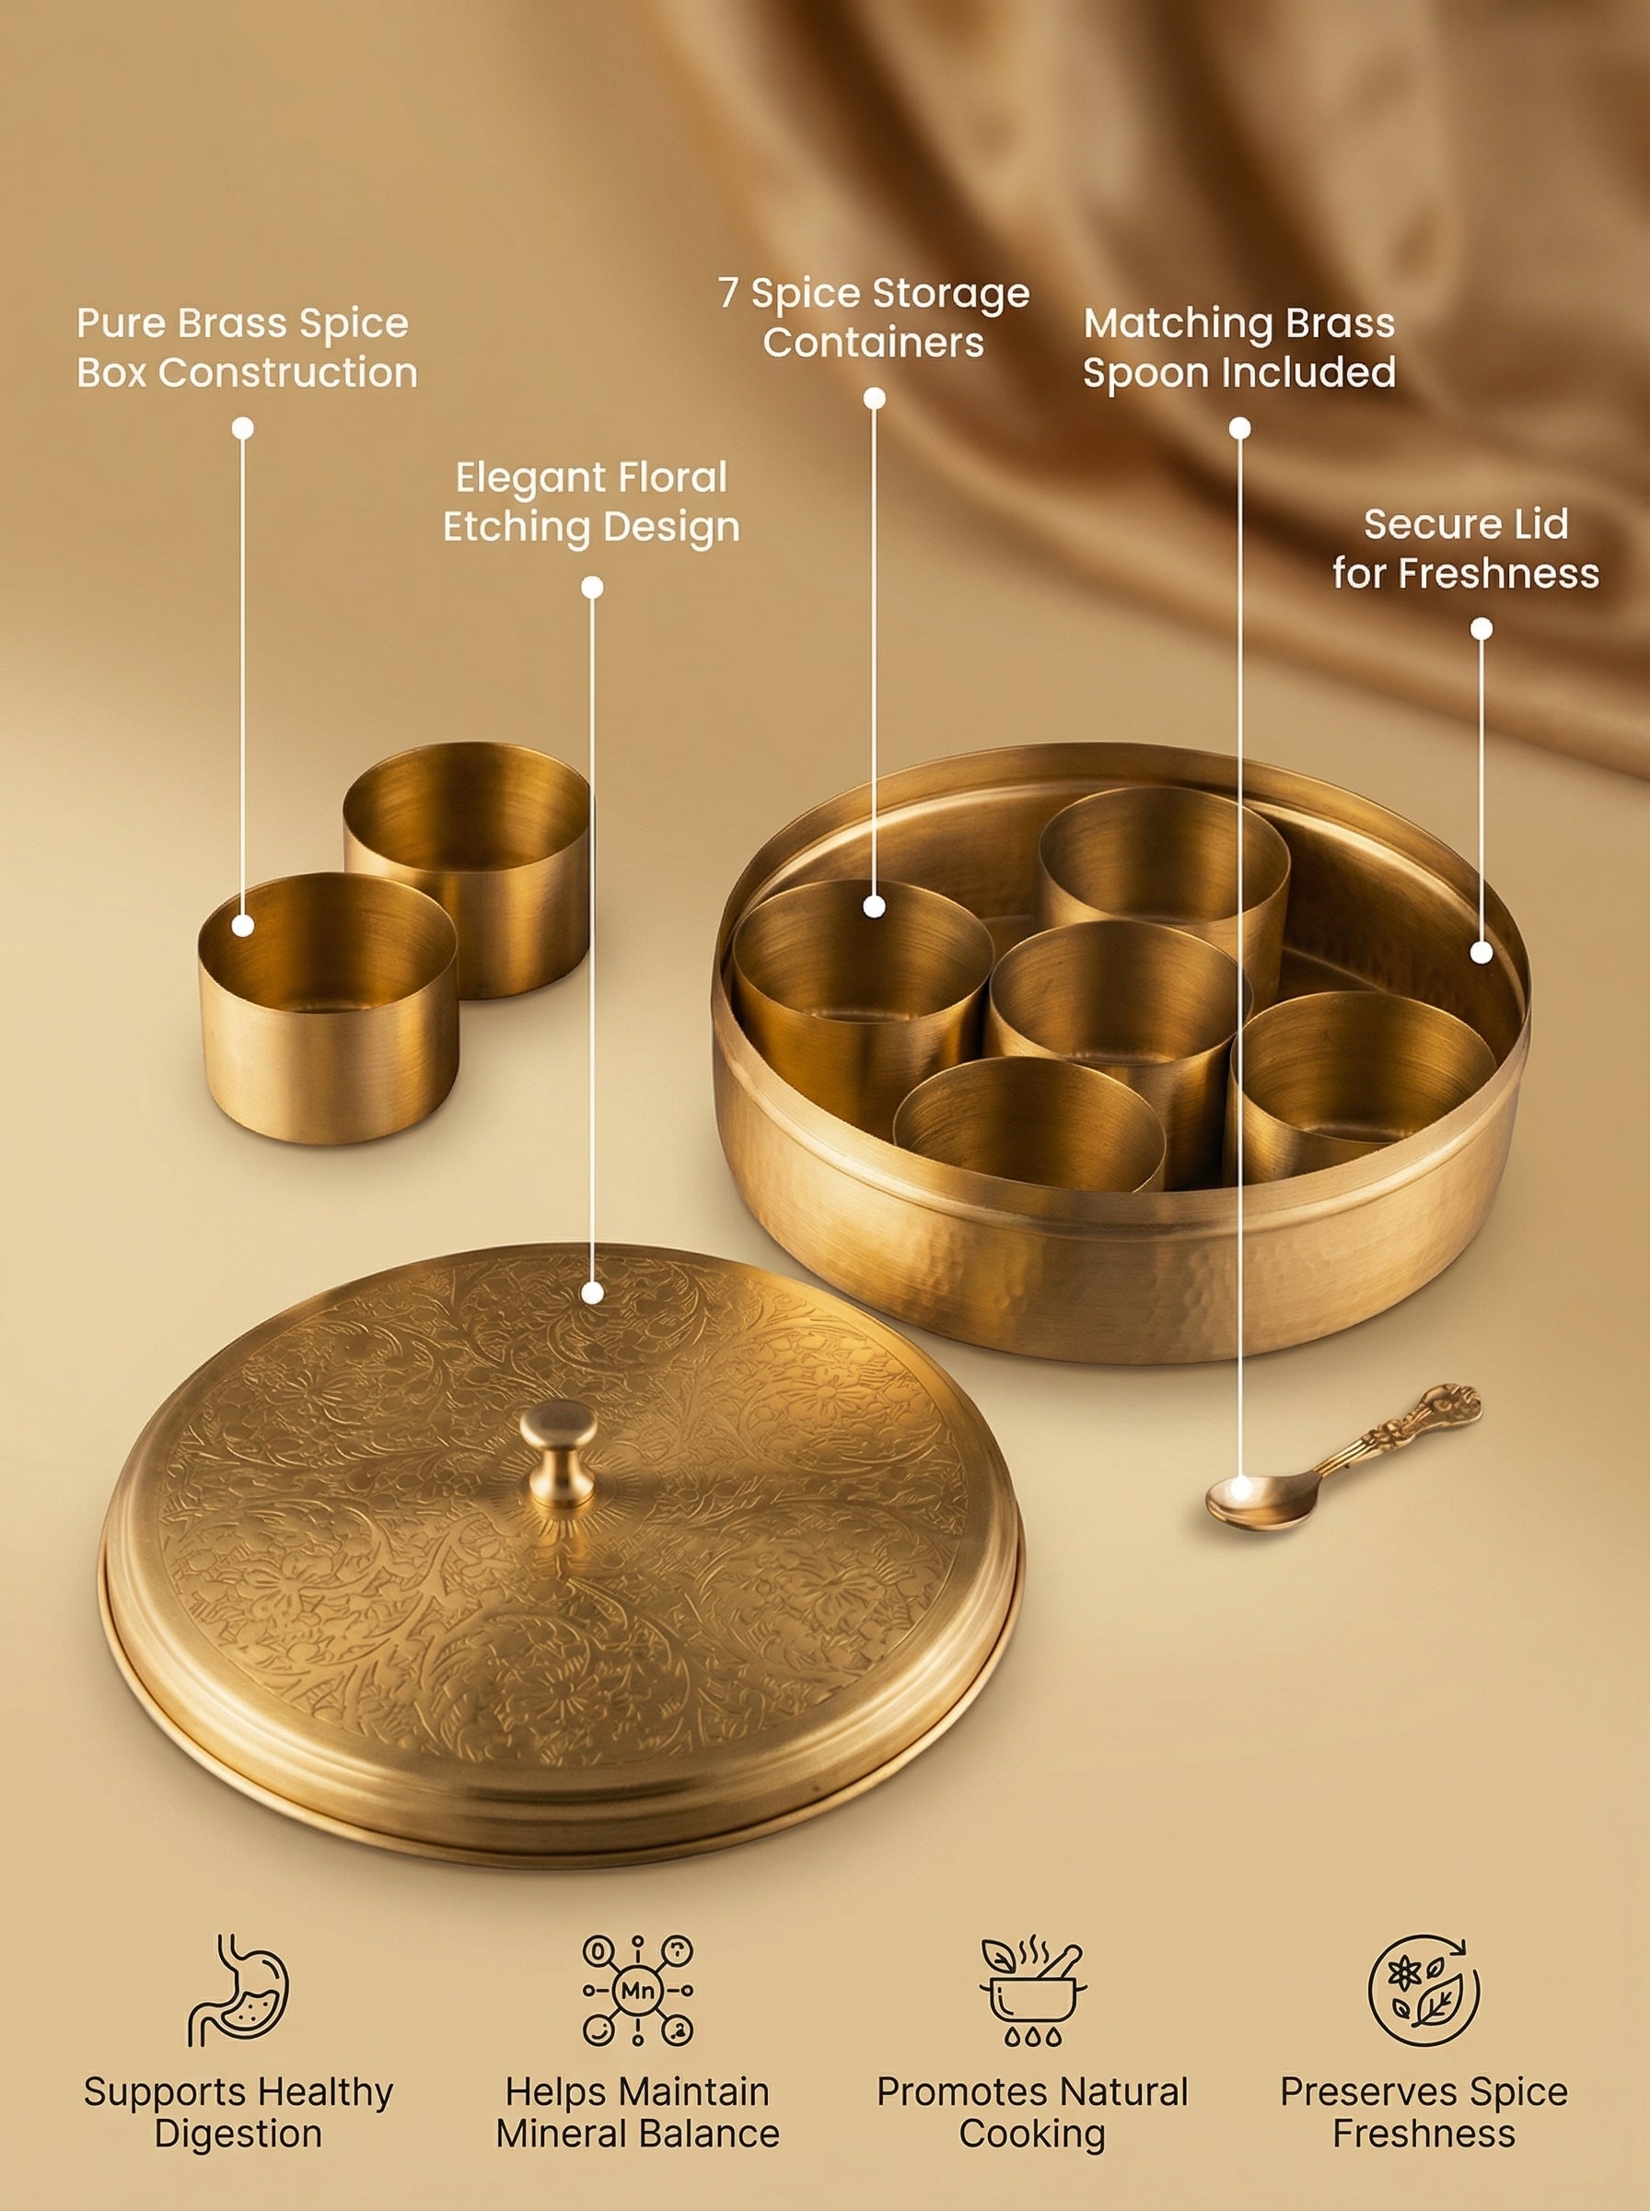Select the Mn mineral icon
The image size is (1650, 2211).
pos(637,1989)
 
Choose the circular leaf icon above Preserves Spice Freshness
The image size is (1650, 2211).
pos(1423,1989)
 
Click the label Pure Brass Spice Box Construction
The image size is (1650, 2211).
pos(246,347)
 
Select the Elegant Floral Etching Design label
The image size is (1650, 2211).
pos(591,501)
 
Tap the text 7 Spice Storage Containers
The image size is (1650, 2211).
pos(874,318)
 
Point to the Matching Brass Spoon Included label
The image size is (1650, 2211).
pos(1238,347)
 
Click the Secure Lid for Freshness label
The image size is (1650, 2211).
pos(1465,548)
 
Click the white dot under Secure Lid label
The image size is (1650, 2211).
pos(1482,628)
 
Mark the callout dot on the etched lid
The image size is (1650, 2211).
pos(592,1293)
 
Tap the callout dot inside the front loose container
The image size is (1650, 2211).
pos(243,925)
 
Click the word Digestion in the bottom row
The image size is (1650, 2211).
pos(238,2134)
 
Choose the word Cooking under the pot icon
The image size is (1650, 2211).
pos(1033,2134)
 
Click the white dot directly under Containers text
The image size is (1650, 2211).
pos(874,398)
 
